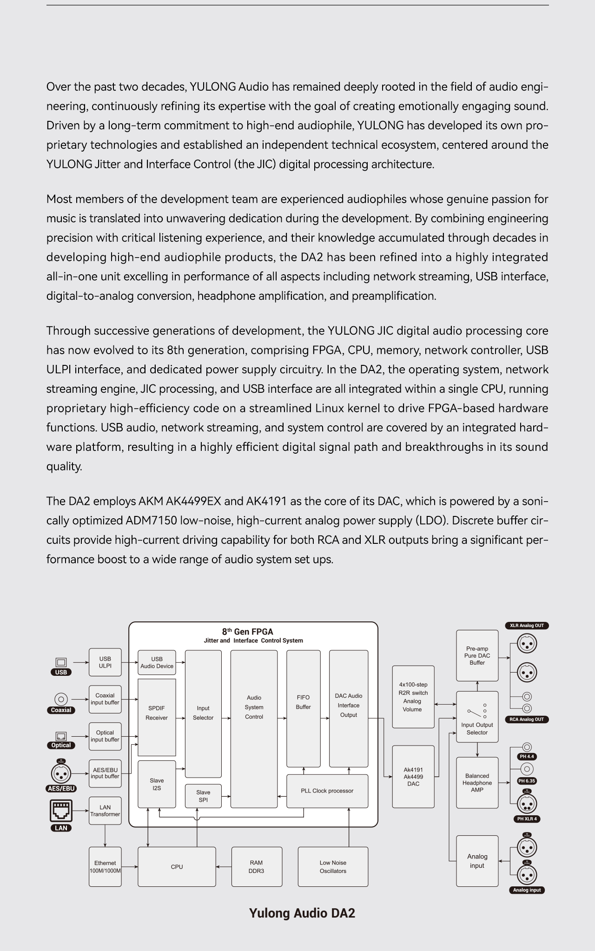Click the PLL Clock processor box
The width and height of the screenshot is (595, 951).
point(327,791)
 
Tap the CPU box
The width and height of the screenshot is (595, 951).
point(177,866)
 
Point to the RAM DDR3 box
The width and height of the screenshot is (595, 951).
point(256,866)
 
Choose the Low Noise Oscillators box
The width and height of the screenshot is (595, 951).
point(333,866)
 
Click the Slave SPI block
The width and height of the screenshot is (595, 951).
point(203,796)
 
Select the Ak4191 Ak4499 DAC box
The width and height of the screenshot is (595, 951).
point(413,777)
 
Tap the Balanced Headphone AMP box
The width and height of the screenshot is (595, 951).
point(477,783)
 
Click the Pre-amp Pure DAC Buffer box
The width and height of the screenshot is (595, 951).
point(477,655)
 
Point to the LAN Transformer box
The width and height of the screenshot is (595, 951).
point(105,811)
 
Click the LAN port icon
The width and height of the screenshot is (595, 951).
point(61,811)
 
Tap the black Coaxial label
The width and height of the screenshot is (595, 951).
point(61,710)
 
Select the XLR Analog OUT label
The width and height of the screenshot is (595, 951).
point(527,626)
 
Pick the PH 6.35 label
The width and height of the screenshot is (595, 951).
point(527,781)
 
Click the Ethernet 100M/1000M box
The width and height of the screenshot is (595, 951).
point(105,866)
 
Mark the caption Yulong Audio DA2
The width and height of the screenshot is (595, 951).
point(302,913)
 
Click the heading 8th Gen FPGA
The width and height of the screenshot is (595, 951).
point(247,632)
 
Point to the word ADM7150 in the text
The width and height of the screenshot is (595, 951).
point(151,521)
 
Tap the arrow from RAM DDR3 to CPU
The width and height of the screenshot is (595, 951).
point(224,866)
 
